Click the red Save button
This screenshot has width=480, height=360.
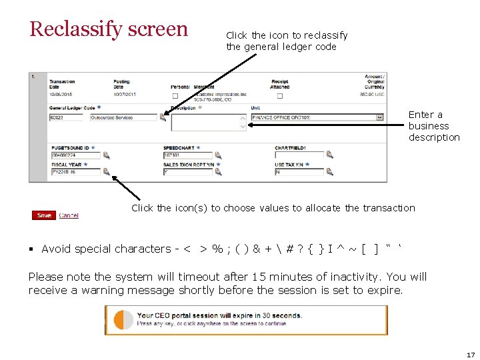(x=44, y=215)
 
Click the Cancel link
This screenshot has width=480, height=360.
(x=69, y=215)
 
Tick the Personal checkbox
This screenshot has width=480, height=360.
(x=175, y=96)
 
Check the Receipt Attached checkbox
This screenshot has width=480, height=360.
(x=279, y=96)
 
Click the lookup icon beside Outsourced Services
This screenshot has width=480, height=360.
(x=163, y=117)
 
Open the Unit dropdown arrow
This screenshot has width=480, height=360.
(x=380, y=117)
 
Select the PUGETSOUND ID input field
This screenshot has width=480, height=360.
(x=75, y=155)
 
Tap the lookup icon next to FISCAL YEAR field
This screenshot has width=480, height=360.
(x=107, y=172)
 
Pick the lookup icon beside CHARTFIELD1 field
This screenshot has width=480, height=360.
(x=329, y=155)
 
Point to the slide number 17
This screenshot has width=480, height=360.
(x=471, y=355)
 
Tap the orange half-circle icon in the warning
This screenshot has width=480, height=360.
(x=123, y=320)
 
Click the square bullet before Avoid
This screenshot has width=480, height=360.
(x=31, y=249)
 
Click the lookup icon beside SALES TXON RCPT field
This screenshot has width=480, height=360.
(x=218, y=172)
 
